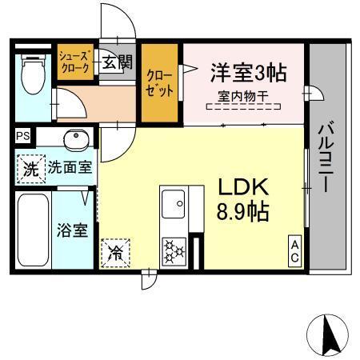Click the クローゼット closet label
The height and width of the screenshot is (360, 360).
coord(159,83)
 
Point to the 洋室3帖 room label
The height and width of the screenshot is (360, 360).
coord(248,73)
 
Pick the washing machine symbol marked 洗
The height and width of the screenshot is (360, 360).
coord(30,169)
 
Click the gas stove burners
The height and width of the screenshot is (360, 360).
coord(174,250)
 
